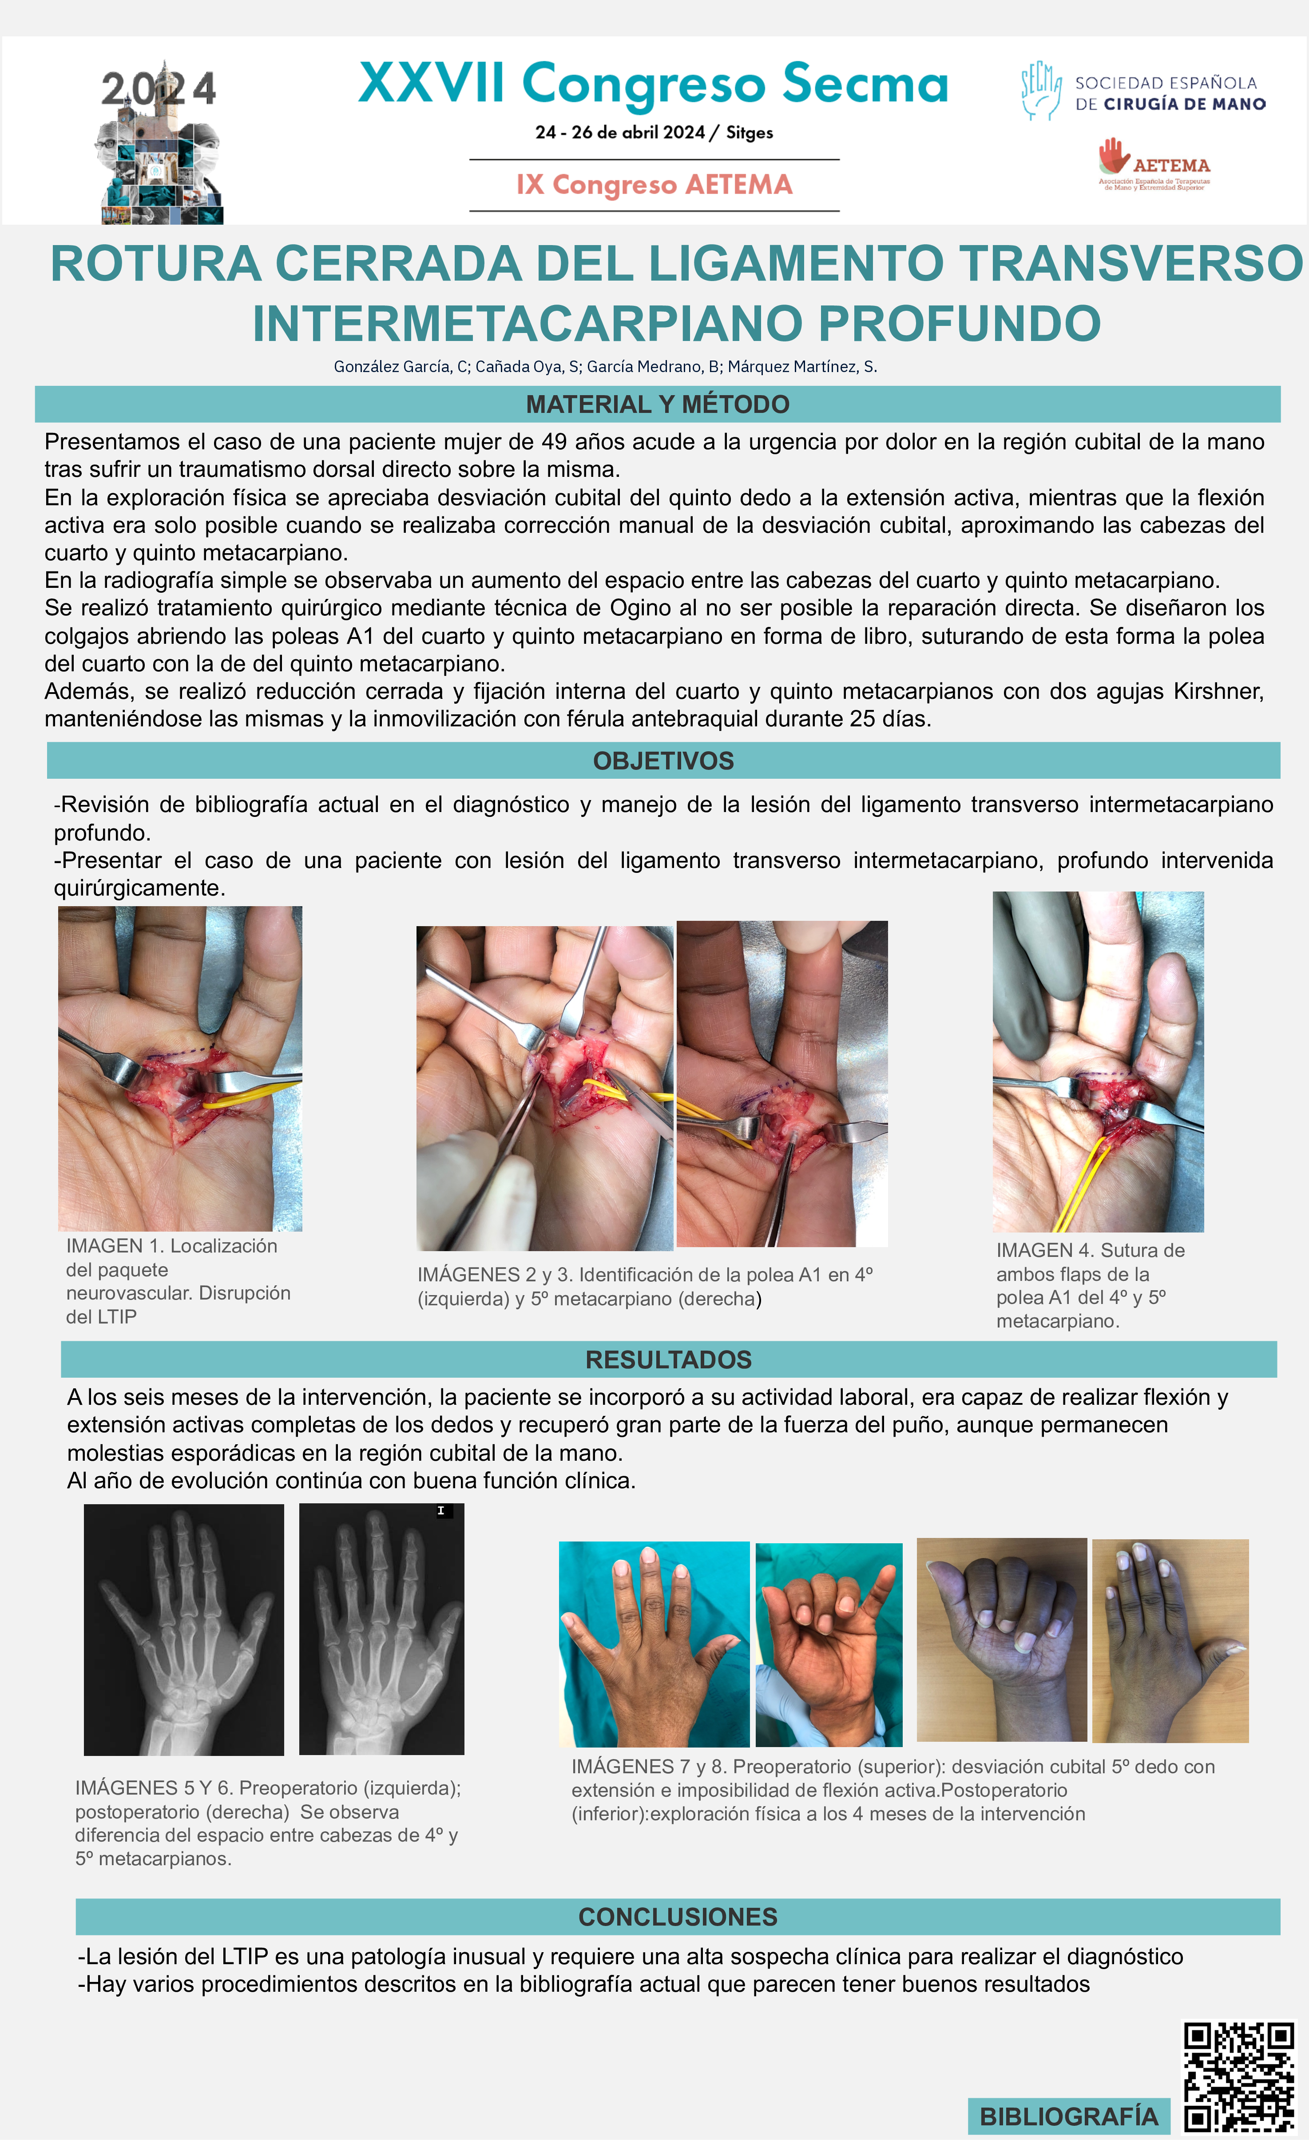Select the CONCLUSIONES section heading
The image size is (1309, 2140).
678,1917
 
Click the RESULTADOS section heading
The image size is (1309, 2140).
668,1359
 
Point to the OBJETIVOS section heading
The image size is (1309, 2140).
664,761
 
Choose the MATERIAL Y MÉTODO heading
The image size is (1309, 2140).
658,404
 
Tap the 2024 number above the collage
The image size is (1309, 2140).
158,89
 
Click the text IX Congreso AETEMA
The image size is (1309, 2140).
654,185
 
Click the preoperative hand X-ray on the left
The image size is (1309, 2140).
184,1630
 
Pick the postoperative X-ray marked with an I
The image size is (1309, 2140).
381,1629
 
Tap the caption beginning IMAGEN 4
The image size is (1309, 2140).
1090,1285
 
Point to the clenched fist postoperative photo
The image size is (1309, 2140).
1002,1640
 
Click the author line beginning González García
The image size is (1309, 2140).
605,367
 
